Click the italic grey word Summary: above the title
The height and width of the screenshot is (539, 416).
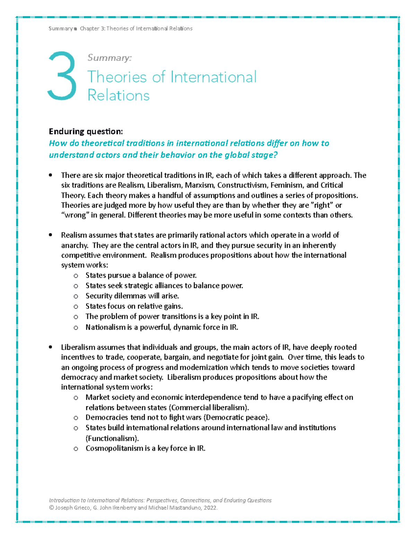(x=109, y=58)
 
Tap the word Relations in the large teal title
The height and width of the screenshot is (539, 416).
(x=118, y=95)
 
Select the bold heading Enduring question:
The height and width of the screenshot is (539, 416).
(x=86, y=131)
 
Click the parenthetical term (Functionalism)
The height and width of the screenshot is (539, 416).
(x=112, y=438)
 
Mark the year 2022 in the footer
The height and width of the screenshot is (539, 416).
(x=210, y=508)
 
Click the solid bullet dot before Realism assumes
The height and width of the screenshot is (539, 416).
(x=51, y=235)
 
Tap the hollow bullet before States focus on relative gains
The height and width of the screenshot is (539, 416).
(x=76, y=306)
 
